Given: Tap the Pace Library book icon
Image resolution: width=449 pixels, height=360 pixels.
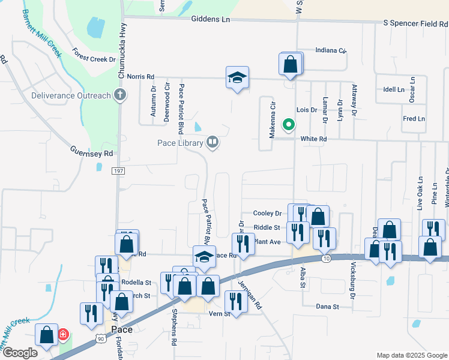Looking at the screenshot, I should [x=211, y=142].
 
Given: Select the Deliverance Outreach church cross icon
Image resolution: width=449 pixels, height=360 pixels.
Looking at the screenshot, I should [x=120, y=95].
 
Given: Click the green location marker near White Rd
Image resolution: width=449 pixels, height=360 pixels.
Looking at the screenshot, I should [x=289, y=125].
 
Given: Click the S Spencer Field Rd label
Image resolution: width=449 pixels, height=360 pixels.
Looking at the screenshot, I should [x=415, y=23].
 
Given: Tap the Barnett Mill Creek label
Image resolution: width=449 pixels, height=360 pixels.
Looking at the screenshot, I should [x=43, y=32].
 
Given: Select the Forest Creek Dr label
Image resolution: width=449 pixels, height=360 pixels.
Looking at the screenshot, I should [x=94, y=55].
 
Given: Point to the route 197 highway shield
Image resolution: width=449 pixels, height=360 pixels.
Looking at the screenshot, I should [x=118, y=172].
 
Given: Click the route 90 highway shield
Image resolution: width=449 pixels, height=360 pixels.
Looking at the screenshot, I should [x=99, y=340].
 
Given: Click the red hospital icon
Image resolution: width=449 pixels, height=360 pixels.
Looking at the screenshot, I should [x=62, y=334].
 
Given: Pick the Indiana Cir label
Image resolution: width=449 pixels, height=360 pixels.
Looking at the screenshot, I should [x=331, y=50].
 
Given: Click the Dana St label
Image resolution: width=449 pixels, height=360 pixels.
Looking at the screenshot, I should [x=328, y=306].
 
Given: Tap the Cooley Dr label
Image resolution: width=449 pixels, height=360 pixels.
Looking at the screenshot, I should [x=267, y=213].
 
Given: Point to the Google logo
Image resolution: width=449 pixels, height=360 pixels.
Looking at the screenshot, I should [x=20, y=352].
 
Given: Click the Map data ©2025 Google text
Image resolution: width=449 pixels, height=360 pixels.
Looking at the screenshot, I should [x=411, y=355].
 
